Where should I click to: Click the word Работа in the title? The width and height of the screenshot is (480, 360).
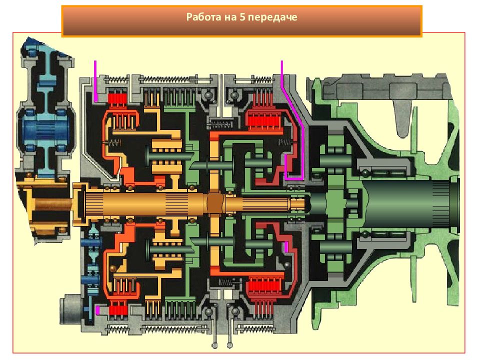point(204,17)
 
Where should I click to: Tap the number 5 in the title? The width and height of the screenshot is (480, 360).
point(242,17)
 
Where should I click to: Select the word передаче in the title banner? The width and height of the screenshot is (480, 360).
point(272,17)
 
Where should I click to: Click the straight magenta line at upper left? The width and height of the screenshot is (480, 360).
point(95,81)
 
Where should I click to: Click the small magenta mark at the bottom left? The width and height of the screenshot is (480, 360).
point(97,310)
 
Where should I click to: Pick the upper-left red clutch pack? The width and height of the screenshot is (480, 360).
point(117,99)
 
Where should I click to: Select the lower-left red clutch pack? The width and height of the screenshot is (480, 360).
point(118,310)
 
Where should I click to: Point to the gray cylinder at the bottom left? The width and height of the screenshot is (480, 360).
point(70,309)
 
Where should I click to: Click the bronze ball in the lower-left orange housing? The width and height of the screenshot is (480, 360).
point(113,268)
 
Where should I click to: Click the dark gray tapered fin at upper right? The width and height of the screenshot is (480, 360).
point(403,118)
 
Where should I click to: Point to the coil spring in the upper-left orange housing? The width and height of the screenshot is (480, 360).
point(113,142)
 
